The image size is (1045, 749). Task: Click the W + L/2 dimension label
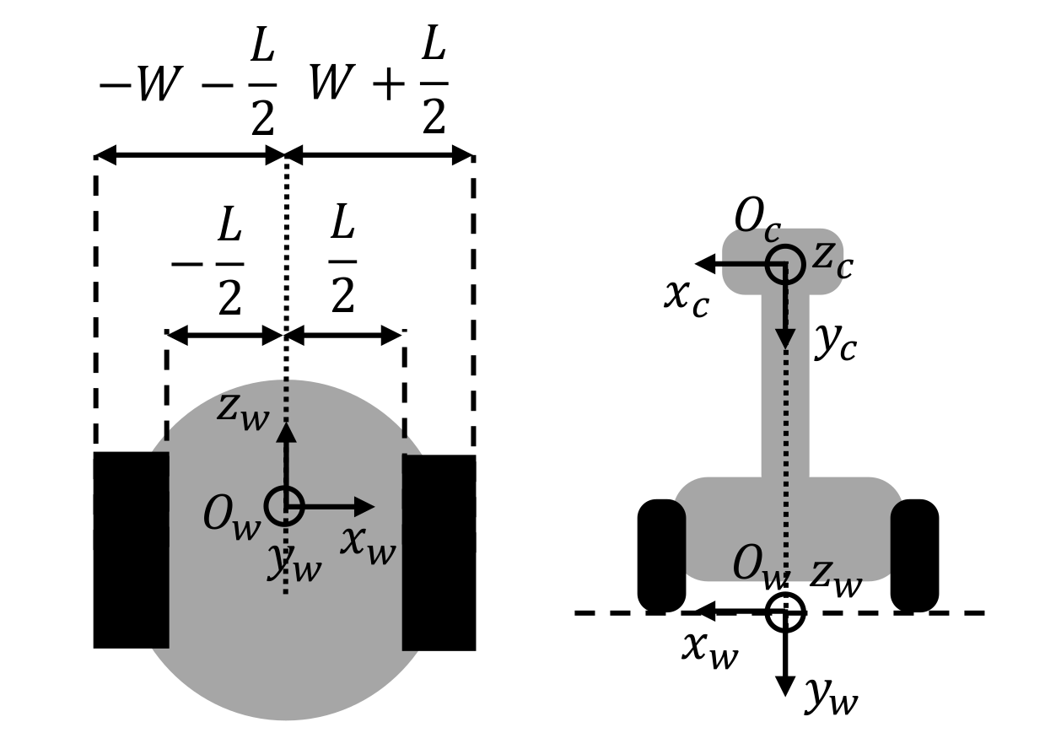coord(379,86)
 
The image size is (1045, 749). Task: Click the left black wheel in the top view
coord(131,550)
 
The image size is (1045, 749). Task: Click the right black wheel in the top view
coord(439,552)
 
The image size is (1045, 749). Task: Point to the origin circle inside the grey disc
coord(284,506)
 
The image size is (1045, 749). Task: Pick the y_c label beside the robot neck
coord(835,344)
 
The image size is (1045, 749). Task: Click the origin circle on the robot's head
coord(785,265)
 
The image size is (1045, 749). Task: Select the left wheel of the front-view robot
coord(661,555)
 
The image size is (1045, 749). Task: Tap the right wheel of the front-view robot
coord(914,555)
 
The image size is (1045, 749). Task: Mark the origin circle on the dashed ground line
coord(785,612)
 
